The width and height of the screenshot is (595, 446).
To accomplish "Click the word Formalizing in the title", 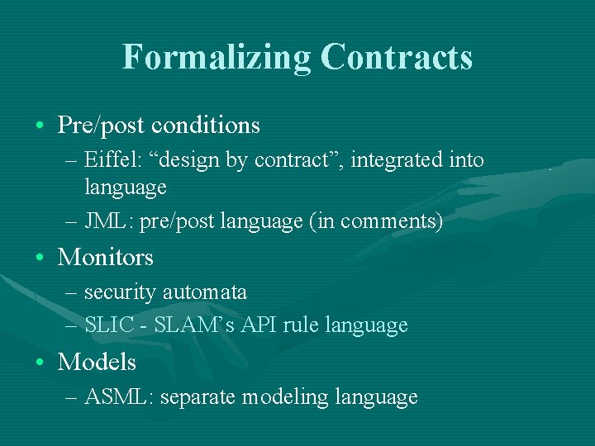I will [x=217, y=57].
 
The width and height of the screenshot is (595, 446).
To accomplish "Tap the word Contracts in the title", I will [x=397, y=57].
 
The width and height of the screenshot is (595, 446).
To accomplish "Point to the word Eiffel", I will [x=112, y=160].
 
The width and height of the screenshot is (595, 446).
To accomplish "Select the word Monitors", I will [x=105, y=258].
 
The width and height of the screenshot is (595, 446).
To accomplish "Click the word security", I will [x=121, y=292].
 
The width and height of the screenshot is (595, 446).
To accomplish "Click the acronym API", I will [x=259, y=325].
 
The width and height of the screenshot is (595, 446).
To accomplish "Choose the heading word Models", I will [x=97, y=363].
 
